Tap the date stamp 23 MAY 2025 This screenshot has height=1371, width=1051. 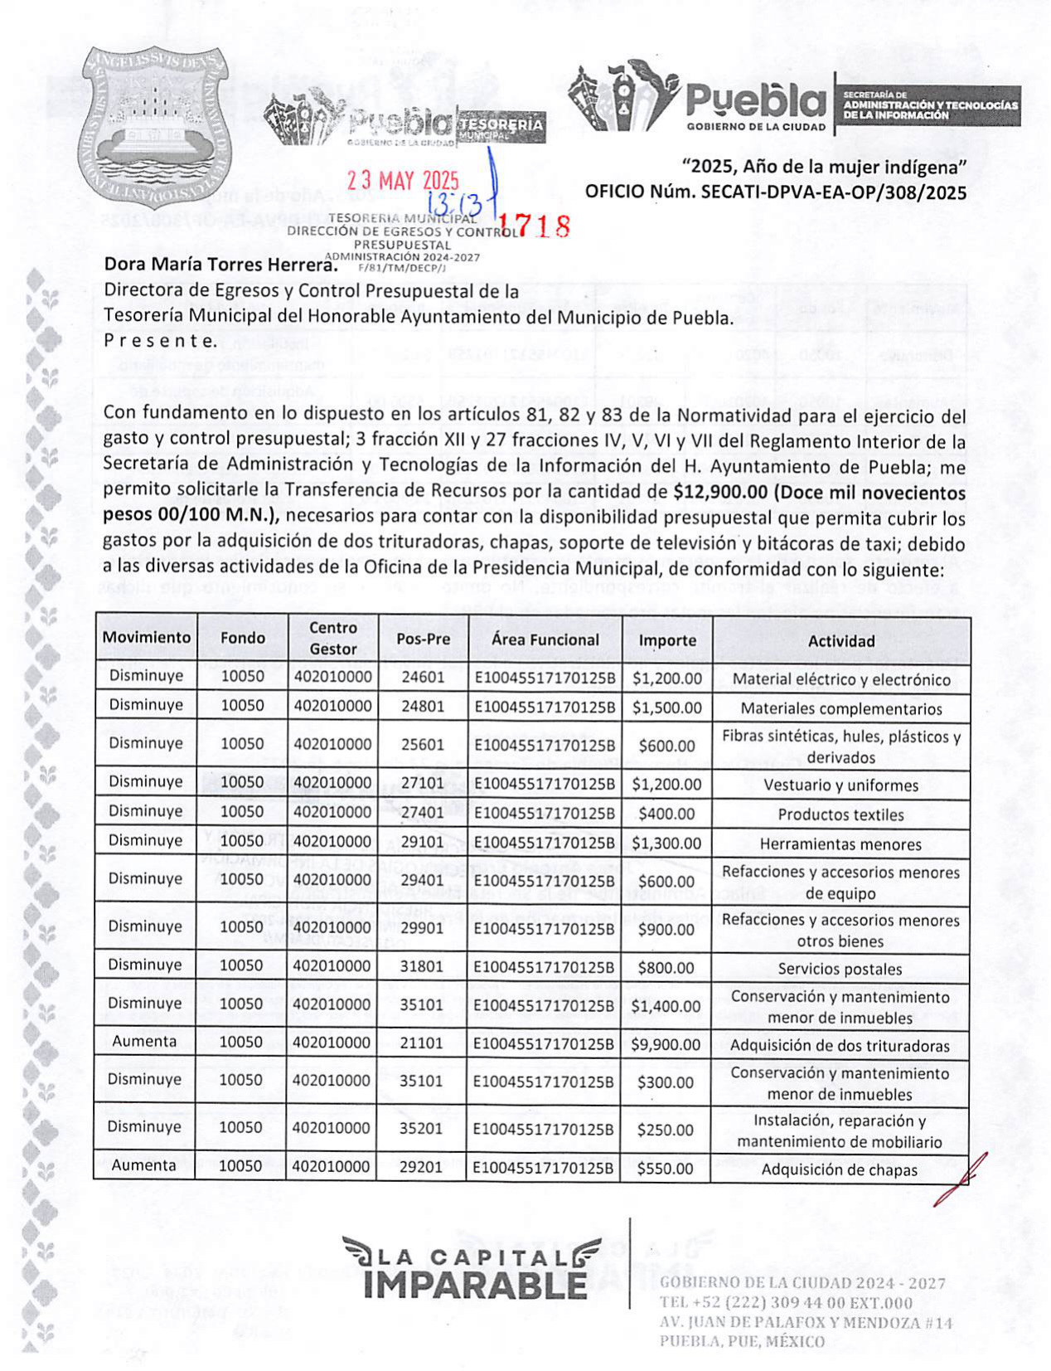[x=403, y=180]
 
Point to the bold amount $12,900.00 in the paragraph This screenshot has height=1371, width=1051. [x=720, y=492]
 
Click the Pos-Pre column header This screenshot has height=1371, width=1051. [x=423, y=639]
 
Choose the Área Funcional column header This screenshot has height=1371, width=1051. [x=545, y=639]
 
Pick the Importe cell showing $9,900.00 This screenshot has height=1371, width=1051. [x=666, y=1044]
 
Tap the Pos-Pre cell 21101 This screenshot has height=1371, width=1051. [x=421, y=1043]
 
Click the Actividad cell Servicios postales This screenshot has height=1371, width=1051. [x=840, y=969]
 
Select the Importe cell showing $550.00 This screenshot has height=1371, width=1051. [x=665, y=1168]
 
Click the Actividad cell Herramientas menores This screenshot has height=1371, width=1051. [x=840, y=844]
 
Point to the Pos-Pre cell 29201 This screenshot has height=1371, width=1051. [x=421, y=1166]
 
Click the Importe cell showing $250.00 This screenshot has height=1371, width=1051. [x=665, y=1130]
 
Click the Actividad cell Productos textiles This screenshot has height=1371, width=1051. [x=840, y=814]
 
